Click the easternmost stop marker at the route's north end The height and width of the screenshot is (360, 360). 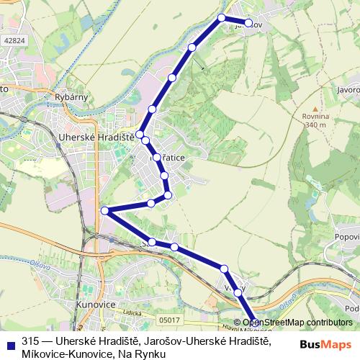coord(248,23)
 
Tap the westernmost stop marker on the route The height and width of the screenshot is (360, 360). coord(105,210)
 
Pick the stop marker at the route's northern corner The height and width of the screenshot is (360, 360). coord(222,17)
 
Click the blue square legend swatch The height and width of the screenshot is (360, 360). coord(11,343)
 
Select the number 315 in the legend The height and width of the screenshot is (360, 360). coord(30,341)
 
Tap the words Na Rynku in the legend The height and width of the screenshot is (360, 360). coord(144,354)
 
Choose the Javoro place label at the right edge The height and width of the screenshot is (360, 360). coord(346,89)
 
